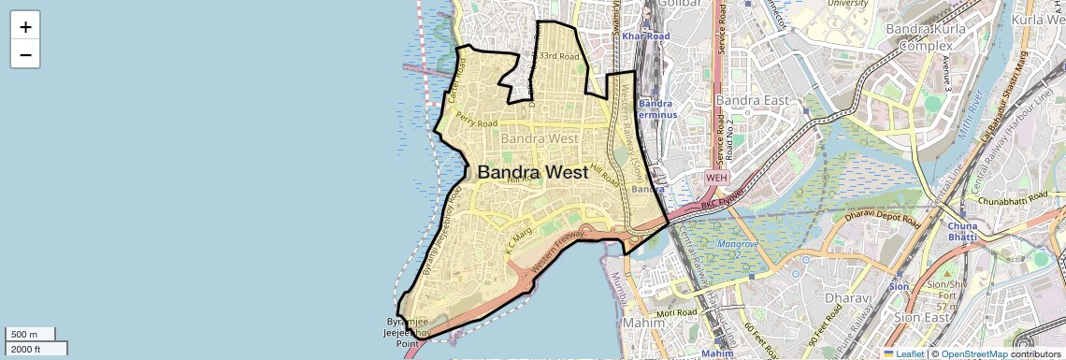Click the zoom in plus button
point(25,26)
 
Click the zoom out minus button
point(25,54)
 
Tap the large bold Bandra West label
point(533,172)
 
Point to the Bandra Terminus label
point(655,108)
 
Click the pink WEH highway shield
point(716,177)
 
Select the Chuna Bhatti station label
point(962,231)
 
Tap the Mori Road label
point(678,312)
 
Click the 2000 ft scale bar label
point(27,349)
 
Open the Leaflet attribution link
point(903,353)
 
